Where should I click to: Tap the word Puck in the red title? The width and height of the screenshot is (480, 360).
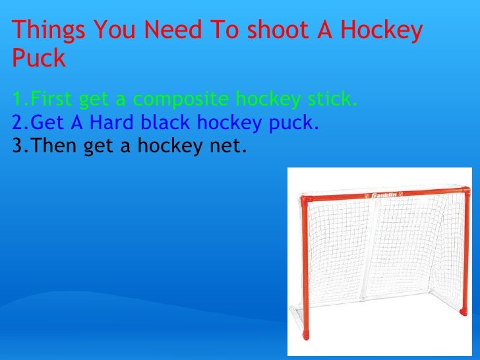(x=39, y=59)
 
